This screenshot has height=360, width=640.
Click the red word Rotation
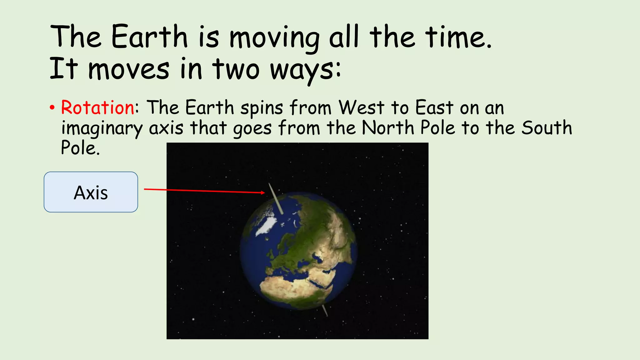click(97, 108)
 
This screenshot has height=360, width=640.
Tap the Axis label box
click(91, 192)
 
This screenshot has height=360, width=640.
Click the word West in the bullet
click(362, 108)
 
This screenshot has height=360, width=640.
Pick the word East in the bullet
click(434, 108)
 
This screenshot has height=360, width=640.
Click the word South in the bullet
click(547, 128)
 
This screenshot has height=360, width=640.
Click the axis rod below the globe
click(325, 310)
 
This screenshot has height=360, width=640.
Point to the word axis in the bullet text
click(166, 128)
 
